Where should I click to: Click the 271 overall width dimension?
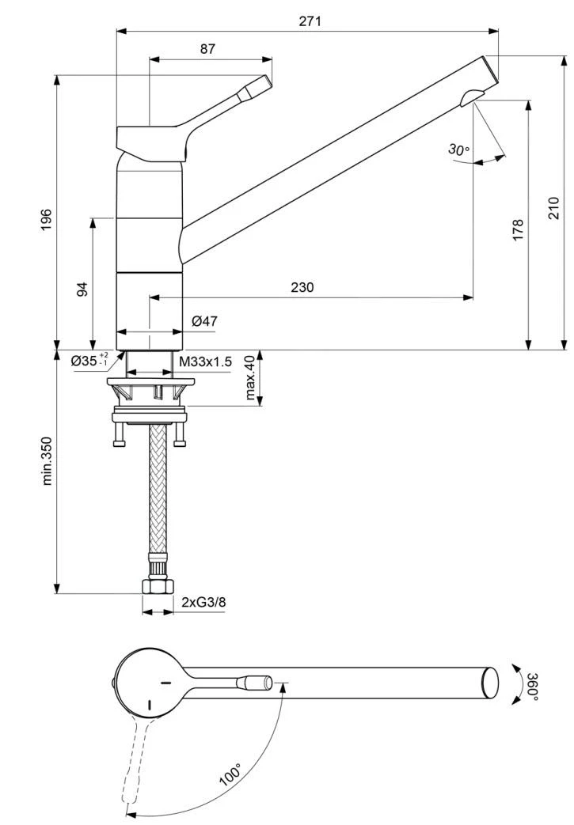(x=310, y=21)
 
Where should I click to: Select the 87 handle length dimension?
(x=207, y=48)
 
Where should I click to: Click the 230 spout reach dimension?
(x=302, y=287)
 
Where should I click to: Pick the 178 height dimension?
(x=519, y=230)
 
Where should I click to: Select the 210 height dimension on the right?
(x=554, y=208)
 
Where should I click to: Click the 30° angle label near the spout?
(x=458, y=149)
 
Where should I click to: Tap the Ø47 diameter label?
(x=204, y=320)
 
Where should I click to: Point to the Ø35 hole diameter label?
(x=89, y=361)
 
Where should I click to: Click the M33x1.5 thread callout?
(x=205, y=361)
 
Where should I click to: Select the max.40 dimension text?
(x=250, y=377)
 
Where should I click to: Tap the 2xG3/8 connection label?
(x=203, y=602)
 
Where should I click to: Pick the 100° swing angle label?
(x=231, y=773)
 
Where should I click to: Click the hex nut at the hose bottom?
(x=158, y=587)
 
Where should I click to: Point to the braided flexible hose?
(x=157, y=490)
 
